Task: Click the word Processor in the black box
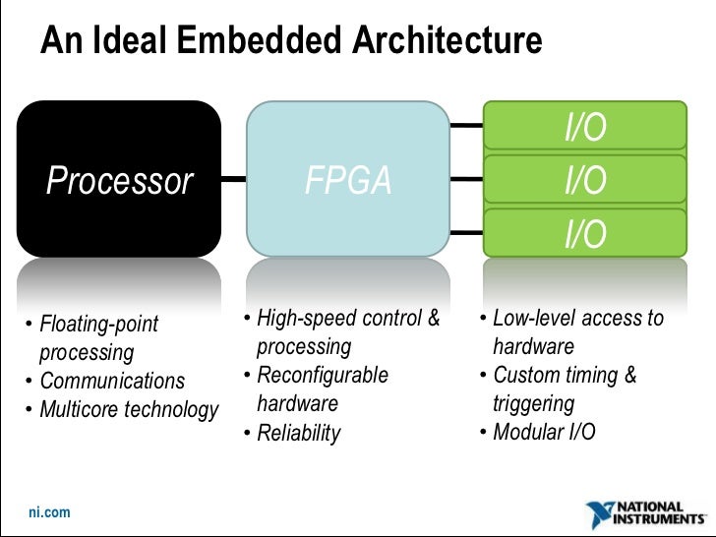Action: (120, 181)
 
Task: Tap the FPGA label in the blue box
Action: (348, 181)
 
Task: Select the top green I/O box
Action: (584, 128)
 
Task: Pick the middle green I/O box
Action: (584, 181)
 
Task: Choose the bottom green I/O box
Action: (584, 234)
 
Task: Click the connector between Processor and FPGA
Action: (233, 181)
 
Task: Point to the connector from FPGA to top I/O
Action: (466, 127)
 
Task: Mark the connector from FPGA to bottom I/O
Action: (466, 233)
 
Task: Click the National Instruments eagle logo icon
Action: (600, 514)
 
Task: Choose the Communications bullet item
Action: (111, 382)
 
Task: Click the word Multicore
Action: (79, 409)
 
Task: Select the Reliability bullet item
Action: (298, 433)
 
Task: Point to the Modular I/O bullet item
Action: (544, 433)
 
